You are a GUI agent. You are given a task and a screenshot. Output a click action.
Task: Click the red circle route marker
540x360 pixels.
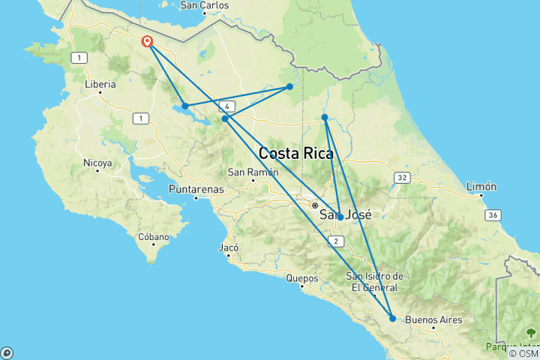148,42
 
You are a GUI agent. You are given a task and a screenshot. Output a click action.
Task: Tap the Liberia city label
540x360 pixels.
101,84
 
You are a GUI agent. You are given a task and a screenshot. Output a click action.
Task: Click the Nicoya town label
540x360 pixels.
97,163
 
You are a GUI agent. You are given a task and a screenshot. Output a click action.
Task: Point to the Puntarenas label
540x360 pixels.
196,189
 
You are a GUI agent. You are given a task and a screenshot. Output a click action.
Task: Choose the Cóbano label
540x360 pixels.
153,237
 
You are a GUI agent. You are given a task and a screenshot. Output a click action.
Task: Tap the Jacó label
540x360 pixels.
228,247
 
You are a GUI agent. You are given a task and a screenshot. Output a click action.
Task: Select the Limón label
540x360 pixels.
481,187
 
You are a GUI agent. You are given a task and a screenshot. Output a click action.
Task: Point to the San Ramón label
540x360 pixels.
247,172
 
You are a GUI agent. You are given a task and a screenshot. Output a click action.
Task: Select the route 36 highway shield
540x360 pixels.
492,215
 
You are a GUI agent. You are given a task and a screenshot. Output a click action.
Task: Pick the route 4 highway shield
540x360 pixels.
227,106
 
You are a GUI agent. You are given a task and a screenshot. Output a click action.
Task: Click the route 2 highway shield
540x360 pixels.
337,241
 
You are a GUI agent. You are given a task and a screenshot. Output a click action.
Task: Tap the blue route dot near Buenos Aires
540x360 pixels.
392,319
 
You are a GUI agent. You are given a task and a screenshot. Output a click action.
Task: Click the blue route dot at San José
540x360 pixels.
340,217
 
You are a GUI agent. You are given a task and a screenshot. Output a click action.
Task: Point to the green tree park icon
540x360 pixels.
531,332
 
